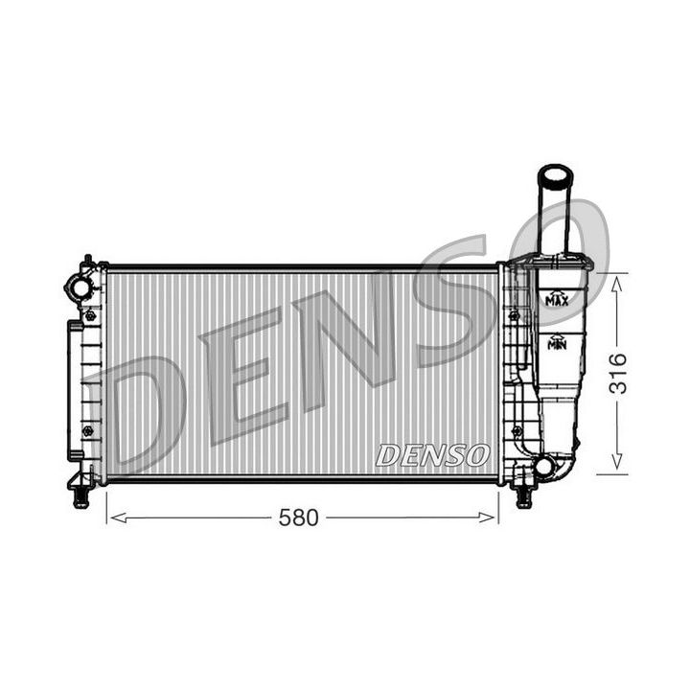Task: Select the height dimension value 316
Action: pos(617,373)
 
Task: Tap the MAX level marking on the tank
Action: pos(556,300)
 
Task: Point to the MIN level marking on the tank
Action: pos(556,342)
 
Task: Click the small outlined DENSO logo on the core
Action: pos(433,455)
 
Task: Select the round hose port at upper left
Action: pos(80,287)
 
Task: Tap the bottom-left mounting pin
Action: pos(80,495)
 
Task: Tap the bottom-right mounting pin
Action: pos(523,495)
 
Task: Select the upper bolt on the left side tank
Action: pos(90,315)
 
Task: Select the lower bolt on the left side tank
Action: pos(88,431)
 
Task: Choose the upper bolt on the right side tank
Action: pos(515,315)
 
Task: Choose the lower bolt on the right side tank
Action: pos(517,431)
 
